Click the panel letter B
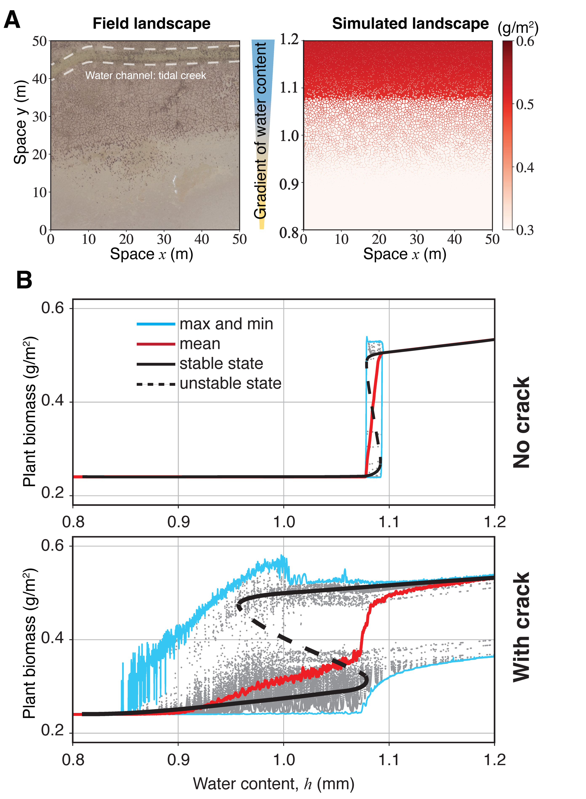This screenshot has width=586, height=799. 24,280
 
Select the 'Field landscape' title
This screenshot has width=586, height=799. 151,24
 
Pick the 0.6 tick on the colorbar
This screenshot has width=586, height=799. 525,41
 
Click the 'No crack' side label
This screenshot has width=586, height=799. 521,422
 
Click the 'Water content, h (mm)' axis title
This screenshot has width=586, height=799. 274,783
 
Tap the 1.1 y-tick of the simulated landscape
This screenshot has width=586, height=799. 290,87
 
